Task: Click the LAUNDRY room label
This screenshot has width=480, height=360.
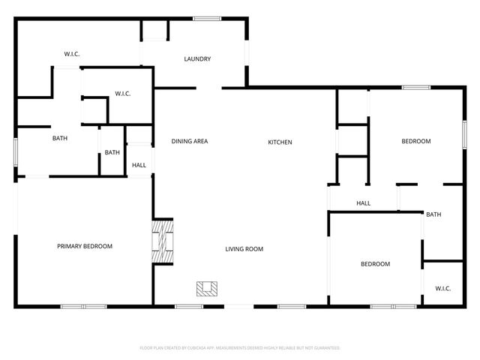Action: click(197, 59)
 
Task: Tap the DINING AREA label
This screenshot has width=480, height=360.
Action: click(189, 142)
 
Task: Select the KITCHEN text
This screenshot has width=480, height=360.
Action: click(280, 142)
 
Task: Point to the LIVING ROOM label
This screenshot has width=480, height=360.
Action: click(244, 249)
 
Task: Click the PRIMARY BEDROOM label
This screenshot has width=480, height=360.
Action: click(85, 246)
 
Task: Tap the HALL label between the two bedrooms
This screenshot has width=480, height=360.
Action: click(363, 203)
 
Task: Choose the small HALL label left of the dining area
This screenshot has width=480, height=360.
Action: click(139, 165)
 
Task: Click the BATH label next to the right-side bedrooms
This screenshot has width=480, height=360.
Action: click(433, 214)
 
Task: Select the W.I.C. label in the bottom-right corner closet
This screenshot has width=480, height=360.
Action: click(442, 288)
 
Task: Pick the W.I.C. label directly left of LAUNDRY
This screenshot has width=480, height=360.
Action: click(72, 54)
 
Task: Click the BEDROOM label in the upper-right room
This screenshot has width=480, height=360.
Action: click(415, 142)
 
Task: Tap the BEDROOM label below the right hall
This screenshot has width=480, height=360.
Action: click(375, 264)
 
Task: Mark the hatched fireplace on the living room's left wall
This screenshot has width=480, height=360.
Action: click(163, 241)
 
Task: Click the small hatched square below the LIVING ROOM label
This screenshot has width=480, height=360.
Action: click(207, 288)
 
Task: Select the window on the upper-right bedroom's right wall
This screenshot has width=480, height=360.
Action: click(463, 130)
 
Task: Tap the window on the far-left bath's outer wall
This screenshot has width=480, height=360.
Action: click(16, 150)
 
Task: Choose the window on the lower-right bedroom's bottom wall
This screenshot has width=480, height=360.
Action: click(393, 306)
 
